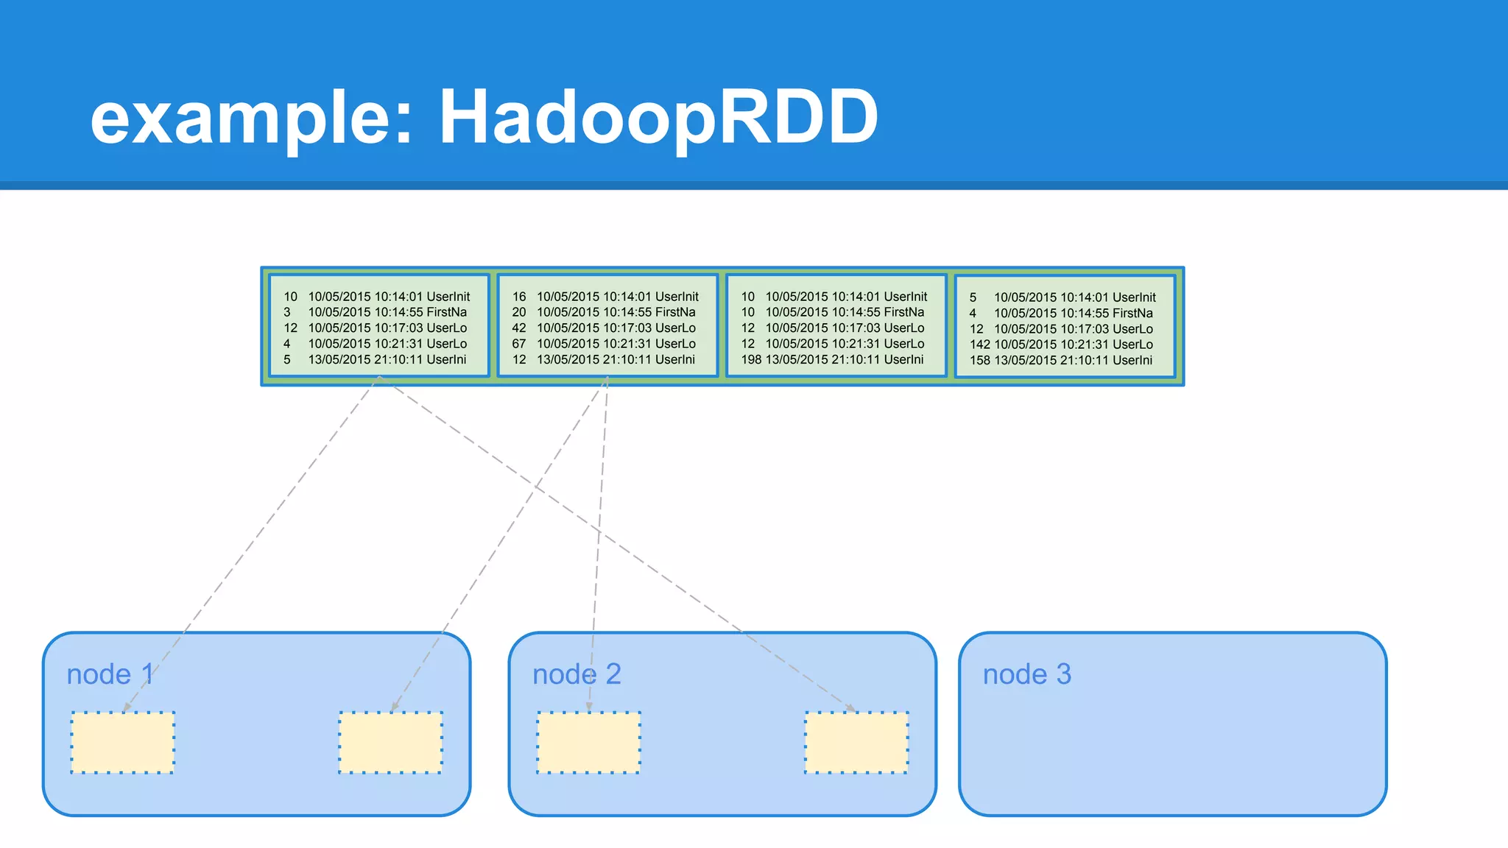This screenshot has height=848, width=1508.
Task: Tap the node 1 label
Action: pos(110,674)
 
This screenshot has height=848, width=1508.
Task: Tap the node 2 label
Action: pos(577,674)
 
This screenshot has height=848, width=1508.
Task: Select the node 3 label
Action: pos(1026,674)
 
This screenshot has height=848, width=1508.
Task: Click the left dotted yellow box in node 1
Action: pos(122,743)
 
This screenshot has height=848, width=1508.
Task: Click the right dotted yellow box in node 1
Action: pos(390,743)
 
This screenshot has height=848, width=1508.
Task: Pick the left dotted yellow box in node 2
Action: pos(588,743)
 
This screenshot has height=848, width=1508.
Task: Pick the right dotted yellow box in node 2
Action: pos(856,743)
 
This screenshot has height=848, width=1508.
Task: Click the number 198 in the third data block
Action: pos(751,360)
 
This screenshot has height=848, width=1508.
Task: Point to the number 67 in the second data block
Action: pos(519,344)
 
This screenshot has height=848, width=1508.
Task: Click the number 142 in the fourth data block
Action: pos(979,344)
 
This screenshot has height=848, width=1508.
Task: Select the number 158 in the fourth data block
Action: pos(979,361)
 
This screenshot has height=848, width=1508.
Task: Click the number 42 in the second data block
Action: pos(519,328)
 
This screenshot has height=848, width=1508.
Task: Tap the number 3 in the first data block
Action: pos(287,312)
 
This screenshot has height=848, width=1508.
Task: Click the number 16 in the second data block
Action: pos(519,297)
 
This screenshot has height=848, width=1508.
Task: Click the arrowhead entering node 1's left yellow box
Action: pos(127,707)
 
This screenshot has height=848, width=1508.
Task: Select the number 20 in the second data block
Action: pos(519,312)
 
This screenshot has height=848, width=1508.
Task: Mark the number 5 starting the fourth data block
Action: pos(973,297)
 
